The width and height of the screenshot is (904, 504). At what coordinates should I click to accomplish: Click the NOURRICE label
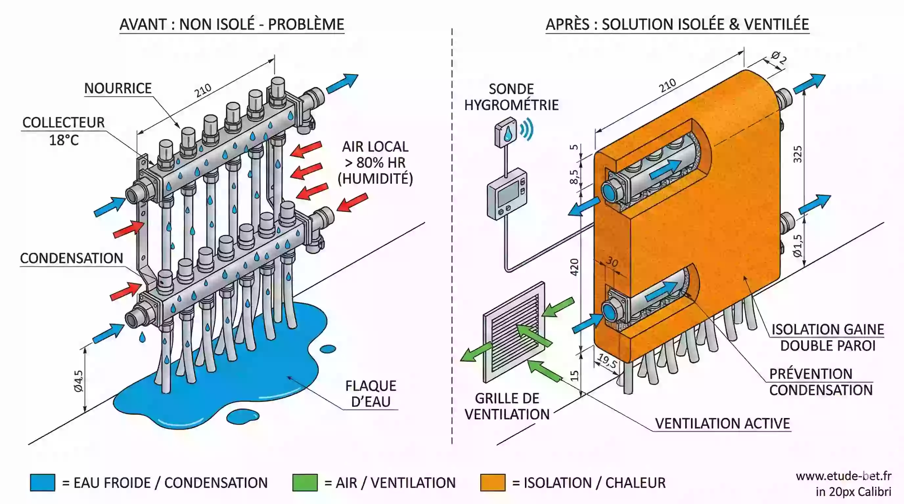click(x=118, y=88)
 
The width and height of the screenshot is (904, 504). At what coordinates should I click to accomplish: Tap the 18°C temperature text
click(x=63, y=140)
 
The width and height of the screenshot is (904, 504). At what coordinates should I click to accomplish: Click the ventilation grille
click(x=514, y=332)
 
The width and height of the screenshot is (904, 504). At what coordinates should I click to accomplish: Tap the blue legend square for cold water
click(x=42, y=483)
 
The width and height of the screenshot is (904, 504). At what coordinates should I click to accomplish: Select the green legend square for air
click(x=305, y=483)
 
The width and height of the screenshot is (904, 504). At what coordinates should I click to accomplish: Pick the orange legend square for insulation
click(x=493, y=483)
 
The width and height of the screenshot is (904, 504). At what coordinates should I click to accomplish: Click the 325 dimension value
click(x=798, y=154)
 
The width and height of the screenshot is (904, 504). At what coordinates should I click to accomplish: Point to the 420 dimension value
click(x=574, y=267)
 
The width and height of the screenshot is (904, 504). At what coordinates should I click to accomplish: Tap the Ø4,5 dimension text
click(x=79, y=381)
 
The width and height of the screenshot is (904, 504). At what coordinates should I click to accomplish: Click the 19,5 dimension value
click(x=607, y=361)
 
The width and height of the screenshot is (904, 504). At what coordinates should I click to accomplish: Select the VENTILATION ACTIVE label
click(x=722, y=423)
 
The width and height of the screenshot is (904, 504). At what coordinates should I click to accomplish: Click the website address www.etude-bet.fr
click(x=843, y=476)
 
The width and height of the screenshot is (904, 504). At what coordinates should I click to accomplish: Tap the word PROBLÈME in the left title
click(x=306, y=25)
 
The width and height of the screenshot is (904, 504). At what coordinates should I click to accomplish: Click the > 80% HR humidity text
click(x=375, y=163)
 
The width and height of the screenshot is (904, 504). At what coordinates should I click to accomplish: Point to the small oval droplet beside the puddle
click(x=328, y=349)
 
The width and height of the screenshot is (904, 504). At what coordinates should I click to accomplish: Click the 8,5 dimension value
click(x=574, y=177)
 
